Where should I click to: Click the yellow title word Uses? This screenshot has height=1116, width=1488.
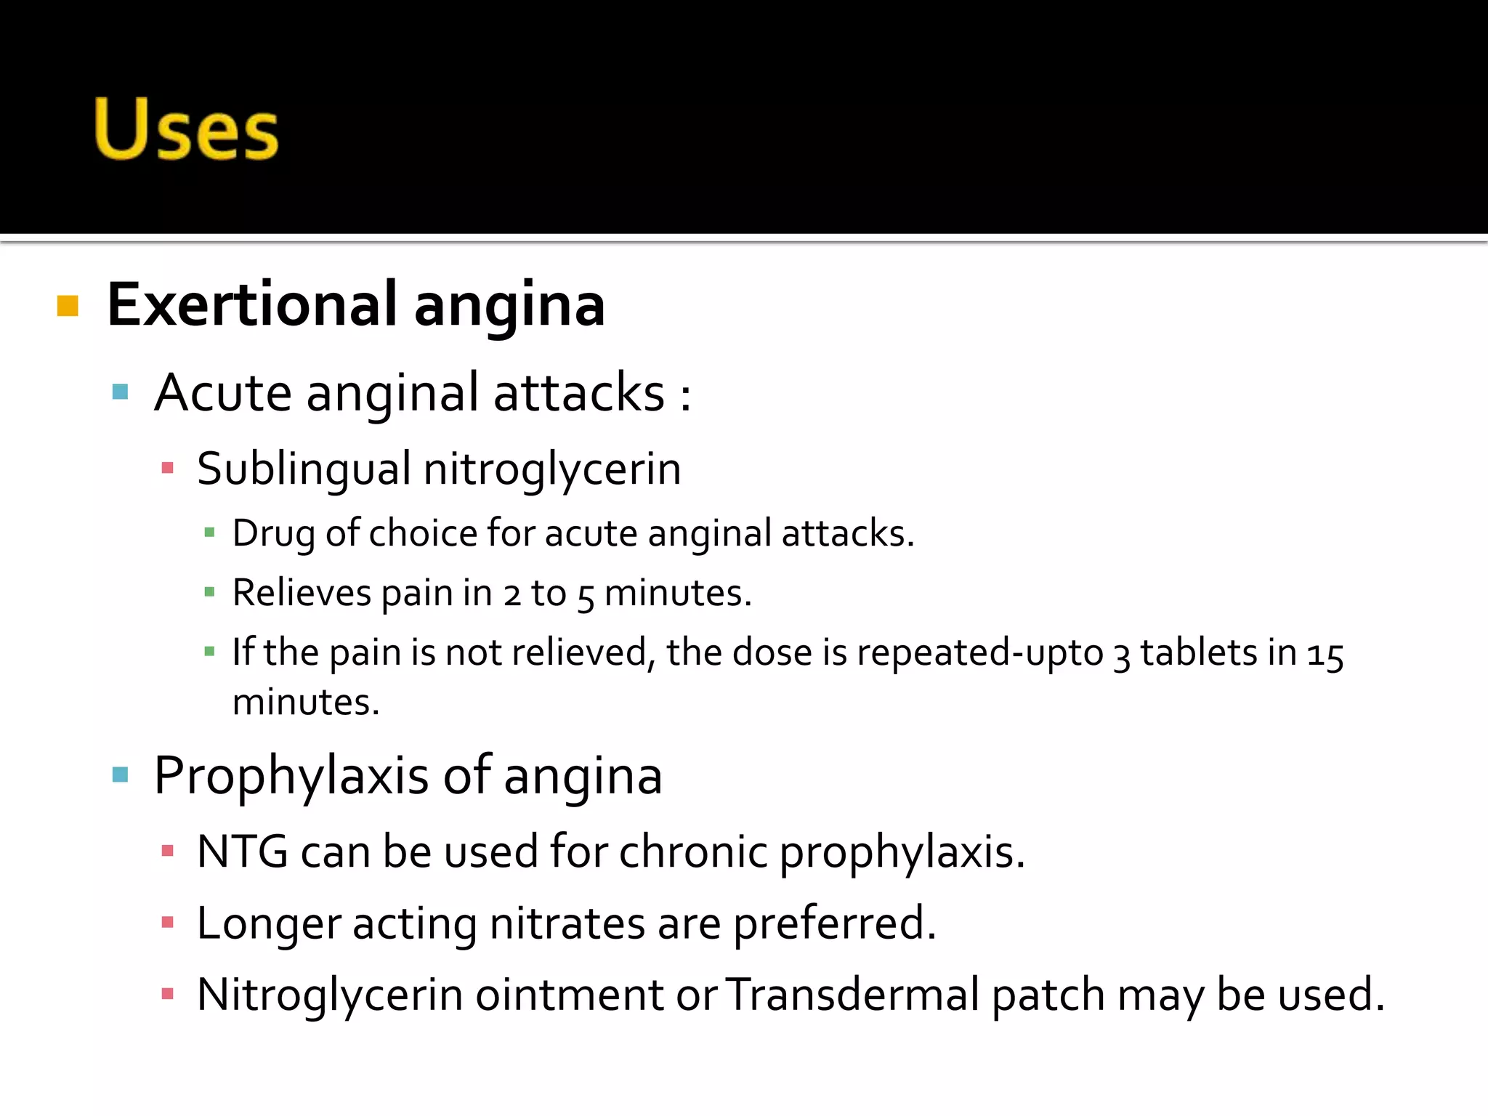pyautogui.click(x=186, y=129)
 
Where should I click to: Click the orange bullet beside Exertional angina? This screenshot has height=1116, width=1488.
pyautogui.click(x=68, y=306)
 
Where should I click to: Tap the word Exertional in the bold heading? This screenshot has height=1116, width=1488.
pyautogui.click(x=251, y=305)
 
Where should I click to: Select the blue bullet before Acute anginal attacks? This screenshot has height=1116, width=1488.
pyautogui.click(x=121, y=393)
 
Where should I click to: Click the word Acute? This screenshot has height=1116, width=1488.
pyautogui.click(x=222, y=393)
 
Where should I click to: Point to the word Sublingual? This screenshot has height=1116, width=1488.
pyautogui.click(x=304, y=469)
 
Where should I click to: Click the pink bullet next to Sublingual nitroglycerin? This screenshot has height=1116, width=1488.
pyautogui.click(x=168, y=468)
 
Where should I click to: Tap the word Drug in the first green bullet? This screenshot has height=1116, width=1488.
pyautogui.click(x=273, y=534)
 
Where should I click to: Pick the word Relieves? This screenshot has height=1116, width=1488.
pyautogui.click(x=302, y=593)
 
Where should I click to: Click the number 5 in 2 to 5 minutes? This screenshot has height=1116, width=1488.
pyautogui.click(x=586, y=597)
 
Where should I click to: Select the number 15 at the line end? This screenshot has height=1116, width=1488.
pyautogui.click(x=1325, y=655)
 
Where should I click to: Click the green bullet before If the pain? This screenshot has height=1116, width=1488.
pyautogui.click(x=210, y=652)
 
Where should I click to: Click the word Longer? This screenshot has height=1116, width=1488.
pyautogui.click(x=268, y=924)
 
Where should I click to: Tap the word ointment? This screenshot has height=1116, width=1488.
pyautogui.click(x=569, y=995)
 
